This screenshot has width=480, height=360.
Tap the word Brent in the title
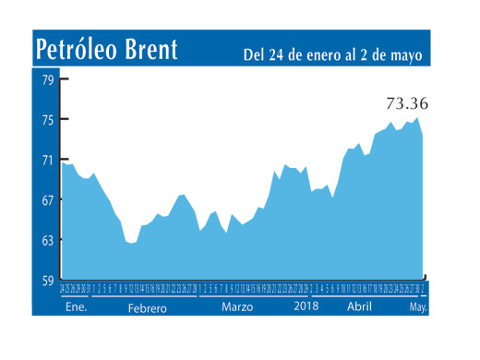tap(150, 50)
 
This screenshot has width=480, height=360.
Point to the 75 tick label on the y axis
tap(46, 119)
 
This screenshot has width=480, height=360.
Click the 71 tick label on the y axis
tap(46, 160)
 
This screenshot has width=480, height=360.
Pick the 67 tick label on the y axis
tap(46, 199)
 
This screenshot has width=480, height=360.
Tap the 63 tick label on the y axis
tap(46, 240)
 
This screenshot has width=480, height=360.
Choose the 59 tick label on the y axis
tap(46, 280)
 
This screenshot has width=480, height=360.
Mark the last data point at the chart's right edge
tap(423, 136)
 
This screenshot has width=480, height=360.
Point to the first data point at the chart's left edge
tap(62, 162)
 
